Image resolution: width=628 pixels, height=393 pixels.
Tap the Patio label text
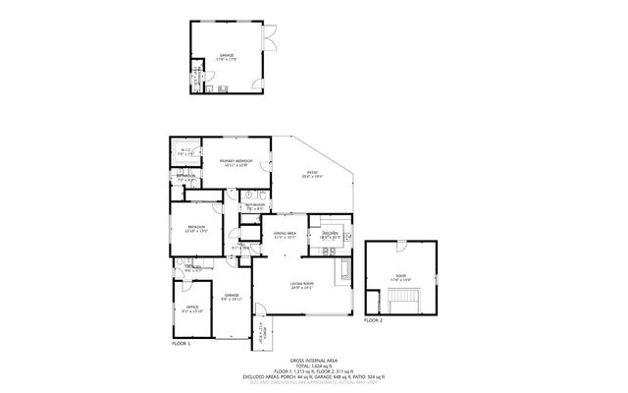tap(311, 174)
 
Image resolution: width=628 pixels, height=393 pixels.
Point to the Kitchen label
tap(330, 234)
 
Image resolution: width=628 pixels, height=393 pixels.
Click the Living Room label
tap(301, 285)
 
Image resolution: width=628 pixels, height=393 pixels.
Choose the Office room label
tap(192, 309)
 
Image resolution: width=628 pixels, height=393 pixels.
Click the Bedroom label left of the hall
tap(196, 229)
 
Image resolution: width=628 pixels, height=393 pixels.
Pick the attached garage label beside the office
tap(232, 296)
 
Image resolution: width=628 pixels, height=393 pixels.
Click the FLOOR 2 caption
tap(373, 320)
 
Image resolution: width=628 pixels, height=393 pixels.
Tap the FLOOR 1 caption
tap(181, 343)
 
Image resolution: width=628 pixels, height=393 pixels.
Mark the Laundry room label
tap(193, 267)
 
